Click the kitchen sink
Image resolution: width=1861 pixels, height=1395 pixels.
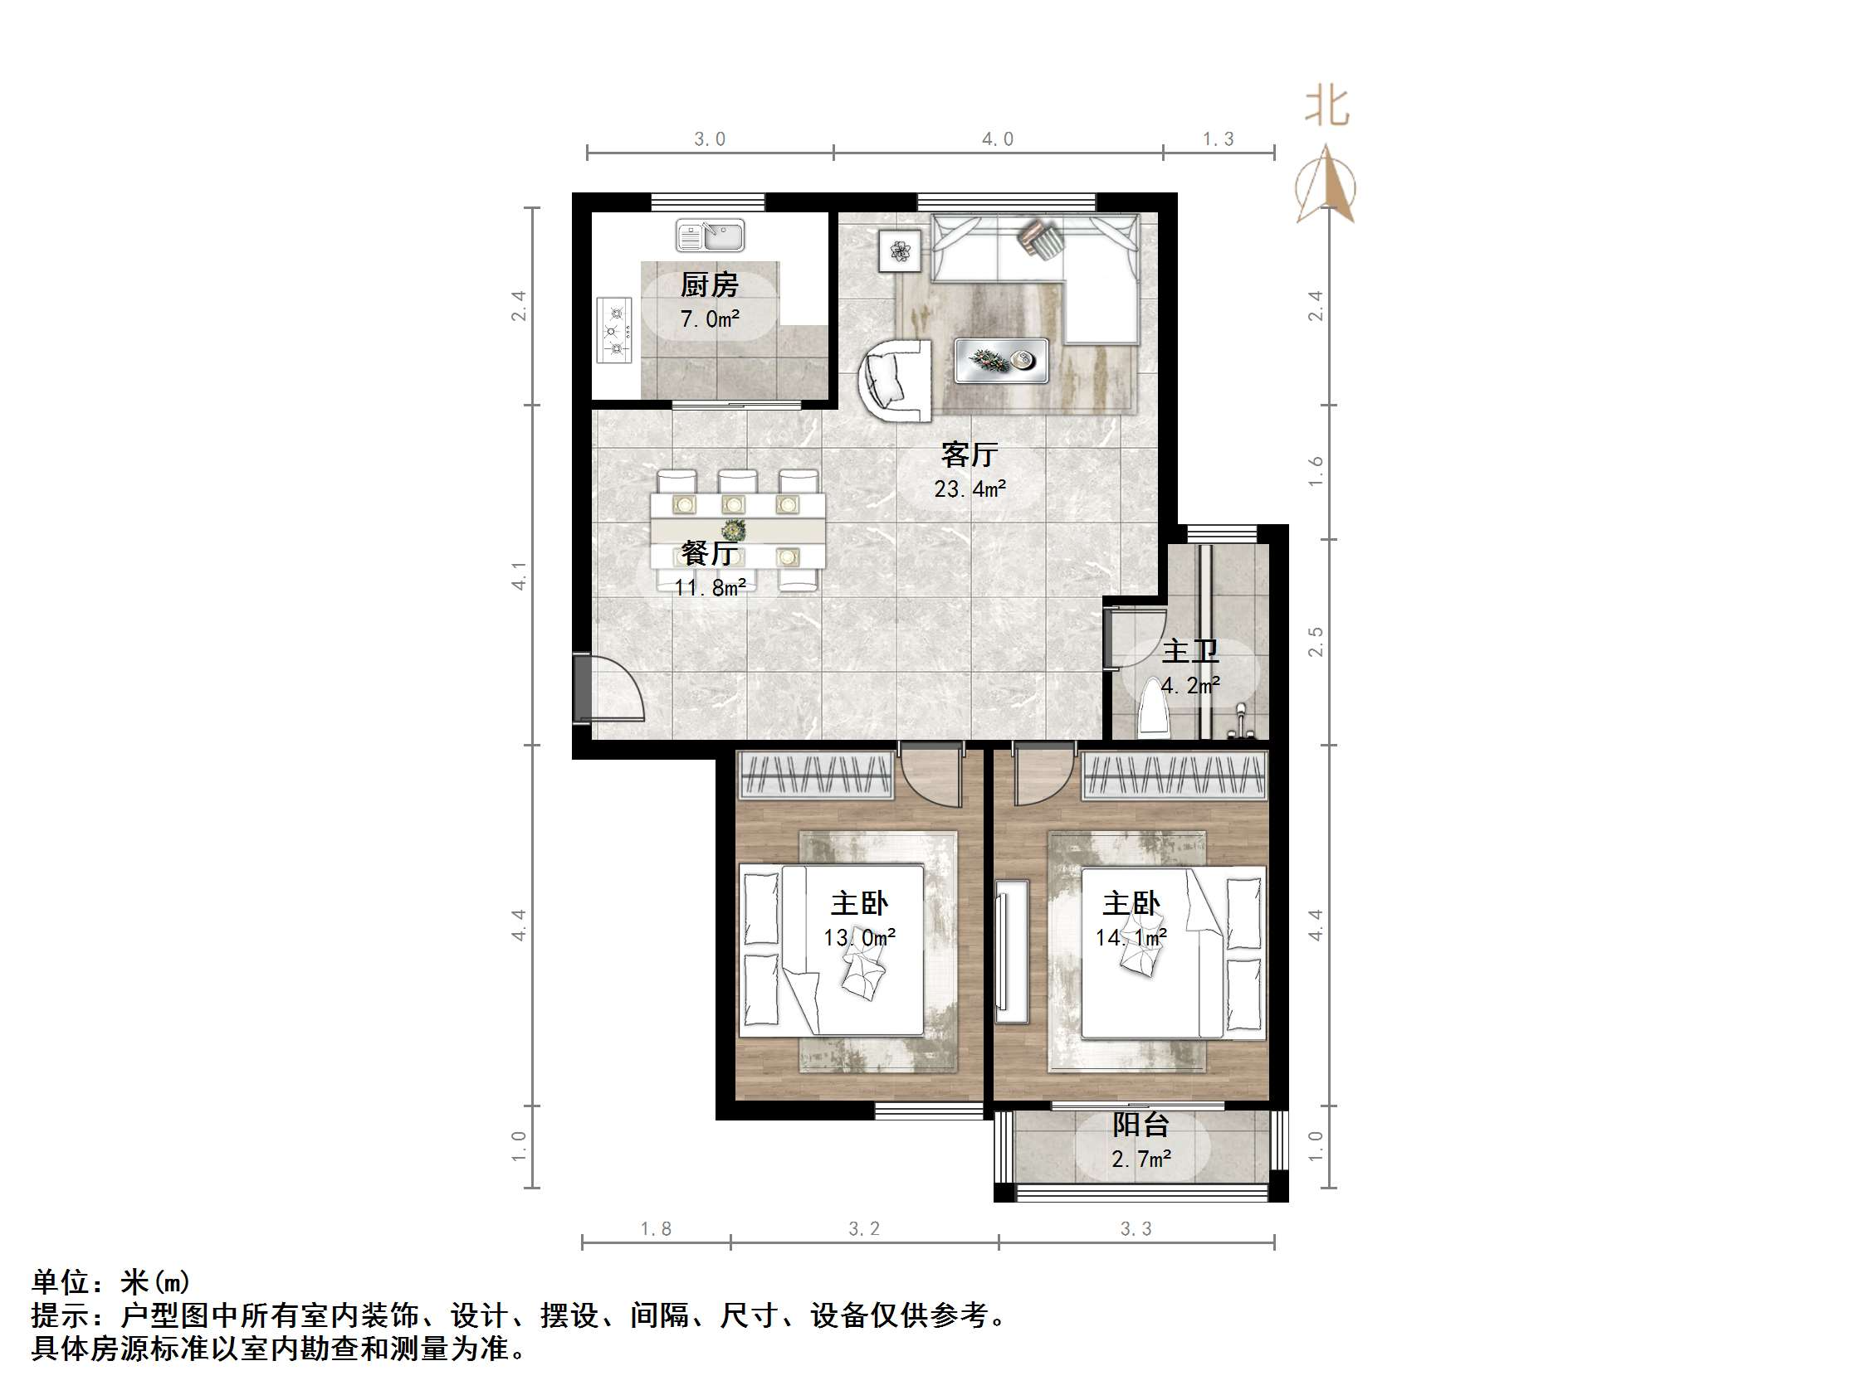(x=710, y=236)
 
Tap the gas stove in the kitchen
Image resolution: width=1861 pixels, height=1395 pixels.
(x=615, y=330)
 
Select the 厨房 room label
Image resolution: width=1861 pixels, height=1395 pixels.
(x=709, y=286)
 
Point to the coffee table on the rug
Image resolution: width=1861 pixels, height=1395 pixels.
(x=1001, y=360)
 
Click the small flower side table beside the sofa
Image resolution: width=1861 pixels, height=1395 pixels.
(x=901, y=250)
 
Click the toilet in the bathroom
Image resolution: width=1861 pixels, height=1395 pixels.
(x=1154, y=711)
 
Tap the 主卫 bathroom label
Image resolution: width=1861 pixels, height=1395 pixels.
(x=1190, y=652)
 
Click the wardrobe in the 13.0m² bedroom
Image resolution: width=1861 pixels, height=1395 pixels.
(x=815, y=775)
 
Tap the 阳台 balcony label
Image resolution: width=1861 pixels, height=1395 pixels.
(x=1141, y=1125)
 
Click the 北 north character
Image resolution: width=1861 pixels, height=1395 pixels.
(x=1327, y=108)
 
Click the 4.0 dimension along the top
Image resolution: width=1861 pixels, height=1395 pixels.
(x=998, y=139)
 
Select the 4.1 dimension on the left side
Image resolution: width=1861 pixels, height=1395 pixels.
(x=520, y=575)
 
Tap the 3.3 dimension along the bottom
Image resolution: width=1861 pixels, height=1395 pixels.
(x=1136, y=1229)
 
